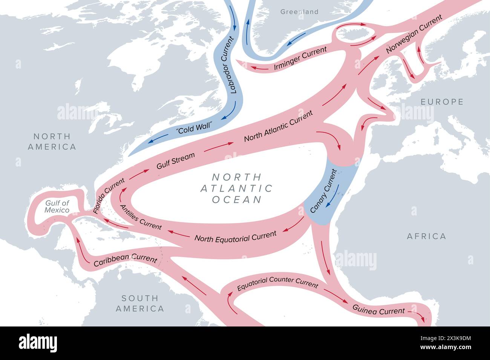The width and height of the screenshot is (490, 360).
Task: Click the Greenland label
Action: [299, 12]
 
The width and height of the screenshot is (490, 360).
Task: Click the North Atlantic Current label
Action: [279, 126]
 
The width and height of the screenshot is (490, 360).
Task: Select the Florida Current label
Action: [109, 196]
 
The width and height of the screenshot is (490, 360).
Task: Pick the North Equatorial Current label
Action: [235, 236]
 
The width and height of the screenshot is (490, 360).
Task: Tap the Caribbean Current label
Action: [125, 259]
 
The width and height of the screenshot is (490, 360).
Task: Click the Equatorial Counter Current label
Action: [277, 284]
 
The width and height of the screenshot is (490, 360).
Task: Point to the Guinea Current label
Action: [378, 310]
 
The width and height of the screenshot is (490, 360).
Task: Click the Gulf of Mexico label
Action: [57, 206]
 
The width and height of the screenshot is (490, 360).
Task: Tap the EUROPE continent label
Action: [442, 102]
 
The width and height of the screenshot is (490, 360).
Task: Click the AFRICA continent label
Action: [426, 236]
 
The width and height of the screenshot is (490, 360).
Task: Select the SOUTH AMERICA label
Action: [140, 304]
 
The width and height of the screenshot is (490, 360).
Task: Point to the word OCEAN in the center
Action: [237, 199]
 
